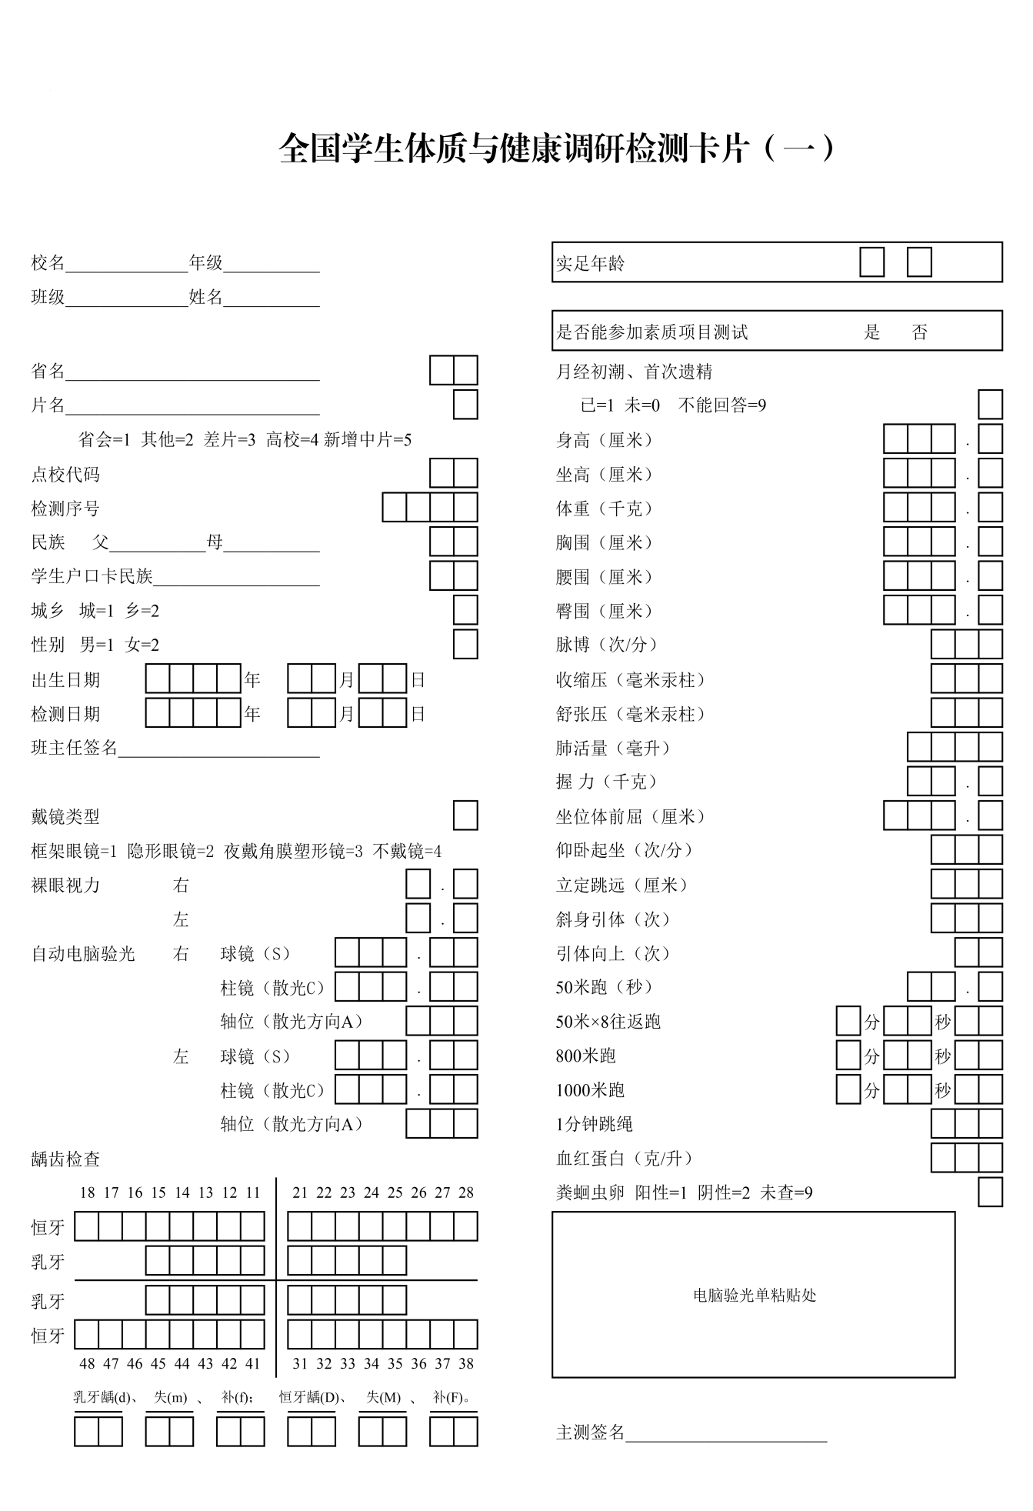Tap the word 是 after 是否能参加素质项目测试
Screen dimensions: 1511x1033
click(x=871, y=332)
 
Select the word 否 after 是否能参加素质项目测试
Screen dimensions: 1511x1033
click(x=919, y=332)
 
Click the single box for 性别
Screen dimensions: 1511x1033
click(x=465, y=644)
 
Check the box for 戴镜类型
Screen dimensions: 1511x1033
click(x=465, y=816)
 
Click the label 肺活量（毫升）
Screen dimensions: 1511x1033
click(x=614, y=748)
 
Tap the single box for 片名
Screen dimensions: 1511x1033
click(x=465, y=405)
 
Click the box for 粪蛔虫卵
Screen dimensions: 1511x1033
click(x=990, y=1192)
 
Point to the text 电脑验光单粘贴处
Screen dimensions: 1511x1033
click(x=754, y=1296)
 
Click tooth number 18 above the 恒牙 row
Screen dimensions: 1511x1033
click(x=87, y=1192)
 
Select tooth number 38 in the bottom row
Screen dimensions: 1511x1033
click(x=465, y=1363)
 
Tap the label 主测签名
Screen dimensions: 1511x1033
click(x=590, y=1432)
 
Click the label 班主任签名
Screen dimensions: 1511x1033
click(x=74, y=748)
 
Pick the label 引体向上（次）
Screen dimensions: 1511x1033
click(x=614, y=953)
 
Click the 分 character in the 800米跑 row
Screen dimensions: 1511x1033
click(x=871, y=1056)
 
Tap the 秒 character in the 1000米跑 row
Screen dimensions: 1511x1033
click(x=942, y=1090)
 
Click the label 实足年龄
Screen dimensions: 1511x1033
click(x=590, y=264)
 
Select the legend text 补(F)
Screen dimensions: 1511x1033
click(x=451, y=1397)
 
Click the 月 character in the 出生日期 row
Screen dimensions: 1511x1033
click(x=347, y=680)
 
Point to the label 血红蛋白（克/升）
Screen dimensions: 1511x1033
click(x=625, y=1158)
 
